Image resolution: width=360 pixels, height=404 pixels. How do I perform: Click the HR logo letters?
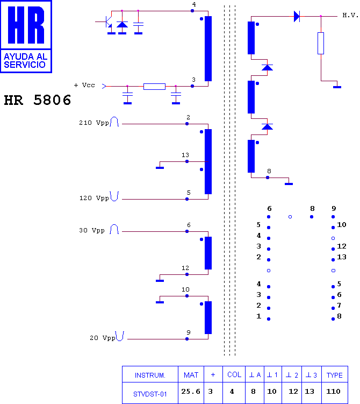point(26,25)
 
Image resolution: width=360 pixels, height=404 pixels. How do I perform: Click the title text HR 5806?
point(37,100)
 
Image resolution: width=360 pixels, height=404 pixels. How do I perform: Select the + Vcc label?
point(84,85)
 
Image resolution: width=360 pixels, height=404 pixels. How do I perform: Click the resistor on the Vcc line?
point(154,87)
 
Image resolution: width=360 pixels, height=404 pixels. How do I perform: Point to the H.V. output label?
point(350,15)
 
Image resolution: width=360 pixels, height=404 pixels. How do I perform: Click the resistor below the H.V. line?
point(321,43)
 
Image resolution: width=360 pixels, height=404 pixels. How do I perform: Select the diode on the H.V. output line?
point(297,16)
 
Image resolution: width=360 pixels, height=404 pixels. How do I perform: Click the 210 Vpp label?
point(94,123)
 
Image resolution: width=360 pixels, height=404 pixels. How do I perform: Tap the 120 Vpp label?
point(94,198)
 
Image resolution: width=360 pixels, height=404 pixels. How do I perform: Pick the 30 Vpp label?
point(92,230)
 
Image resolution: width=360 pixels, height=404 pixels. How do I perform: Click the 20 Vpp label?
point(103,338)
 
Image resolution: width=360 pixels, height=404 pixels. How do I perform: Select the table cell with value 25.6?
point(191,392)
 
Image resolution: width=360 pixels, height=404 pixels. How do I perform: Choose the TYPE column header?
point(335,375)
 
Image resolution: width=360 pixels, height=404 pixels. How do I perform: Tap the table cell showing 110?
point(333,392)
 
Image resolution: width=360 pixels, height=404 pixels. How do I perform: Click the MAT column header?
point(191,375)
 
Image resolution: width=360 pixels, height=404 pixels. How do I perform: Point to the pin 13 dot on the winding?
point(187,161)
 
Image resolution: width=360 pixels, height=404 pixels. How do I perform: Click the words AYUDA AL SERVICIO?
point(25,61)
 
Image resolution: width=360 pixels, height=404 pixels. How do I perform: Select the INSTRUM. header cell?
point(150,375)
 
